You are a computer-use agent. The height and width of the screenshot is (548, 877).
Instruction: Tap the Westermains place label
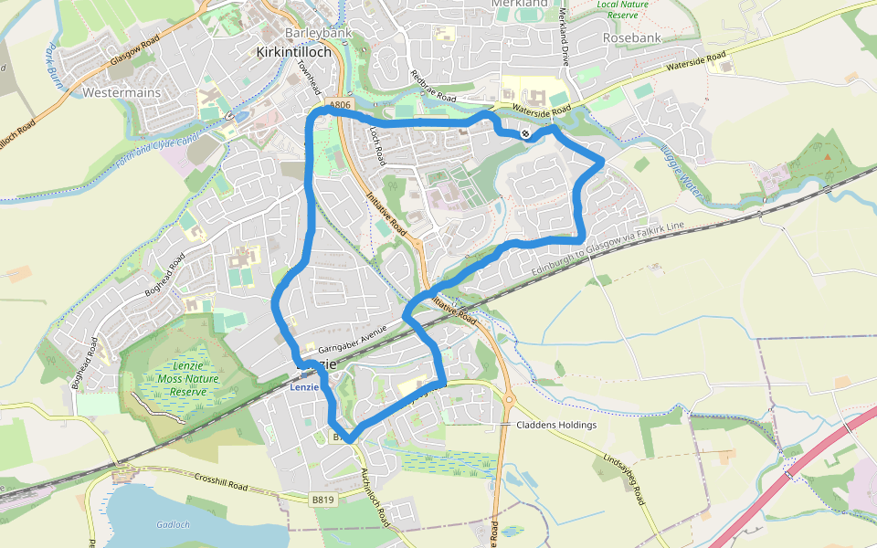point(122,93)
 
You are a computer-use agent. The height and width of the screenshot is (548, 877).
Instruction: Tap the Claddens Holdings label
point(556,425)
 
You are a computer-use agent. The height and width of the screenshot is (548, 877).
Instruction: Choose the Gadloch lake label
point(173,524)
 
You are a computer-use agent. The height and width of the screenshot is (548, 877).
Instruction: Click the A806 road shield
point(340,106)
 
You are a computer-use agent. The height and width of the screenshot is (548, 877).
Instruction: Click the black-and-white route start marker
point(526,134)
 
